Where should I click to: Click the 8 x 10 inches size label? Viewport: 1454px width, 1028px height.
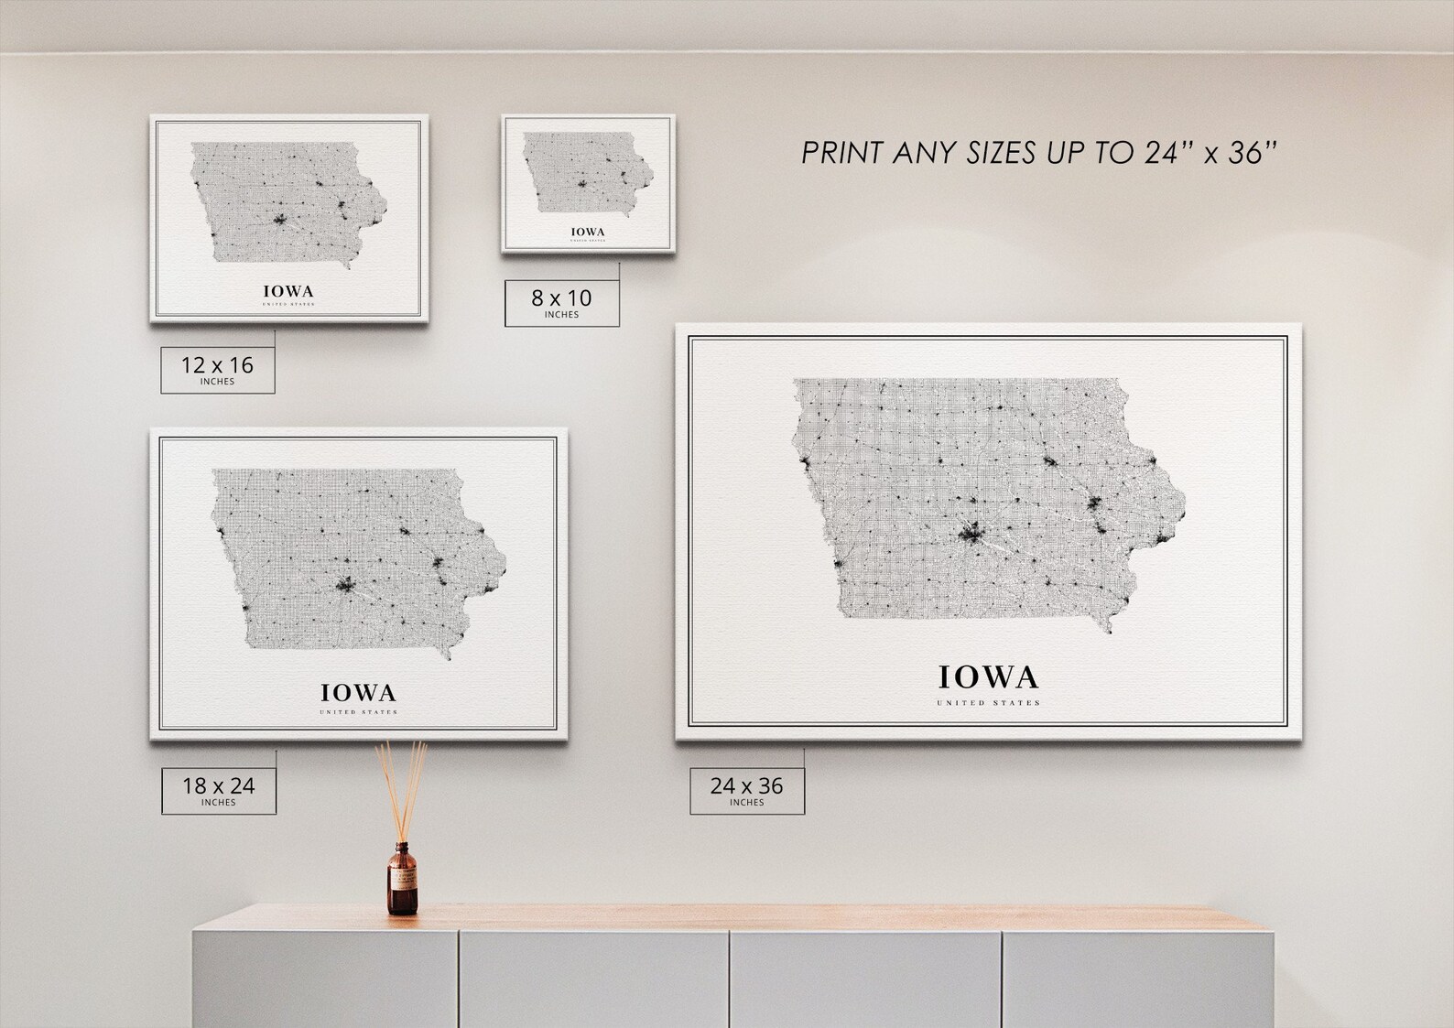[561, 302]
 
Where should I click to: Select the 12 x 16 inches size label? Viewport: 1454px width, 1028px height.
[217, 369]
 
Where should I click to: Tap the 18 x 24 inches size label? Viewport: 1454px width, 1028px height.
[218, 789]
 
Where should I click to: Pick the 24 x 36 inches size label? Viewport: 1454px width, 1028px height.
[746, 789]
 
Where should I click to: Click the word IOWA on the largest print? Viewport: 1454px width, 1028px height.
[988, 677]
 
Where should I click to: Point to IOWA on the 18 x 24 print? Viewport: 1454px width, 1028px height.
[358, 692]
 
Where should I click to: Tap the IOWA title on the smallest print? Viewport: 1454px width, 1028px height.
[587, 232]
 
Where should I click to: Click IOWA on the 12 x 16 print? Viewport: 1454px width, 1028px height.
[288, 291]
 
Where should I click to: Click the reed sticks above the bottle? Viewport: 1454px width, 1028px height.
[402, 787]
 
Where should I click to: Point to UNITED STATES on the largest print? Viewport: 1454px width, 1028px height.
[988, 703]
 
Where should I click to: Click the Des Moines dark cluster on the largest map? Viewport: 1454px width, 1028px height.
[971, 531]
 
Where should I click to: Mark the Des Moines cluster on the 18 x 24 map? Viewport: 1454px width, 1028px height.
[345, 584]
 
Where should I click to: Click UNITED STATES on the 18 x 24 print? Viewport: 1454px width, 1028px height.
[358, 712]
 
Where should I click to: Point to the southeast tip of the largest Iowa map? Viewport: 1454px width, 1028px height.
[1109, 630]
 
